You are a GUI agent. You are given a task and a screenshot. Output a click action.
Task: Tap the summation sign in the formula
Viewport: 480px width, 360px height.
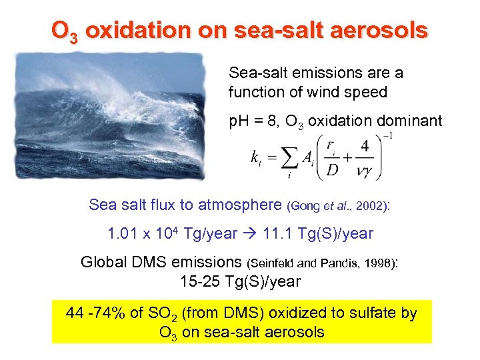[x=289, y=159]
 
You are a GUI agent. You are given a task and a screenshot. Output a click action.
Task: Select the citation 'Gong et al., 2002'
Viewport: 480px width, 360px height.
[x=336, y=207]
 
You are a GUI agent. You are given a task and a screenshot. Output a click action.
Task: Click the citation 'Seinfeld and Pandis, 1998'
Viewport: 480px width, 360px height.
[x=321, y=263]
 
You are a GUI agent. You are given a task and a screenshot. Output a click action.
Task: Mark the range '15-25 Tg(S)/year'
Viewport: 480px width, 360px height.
[x=240, y=281]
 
